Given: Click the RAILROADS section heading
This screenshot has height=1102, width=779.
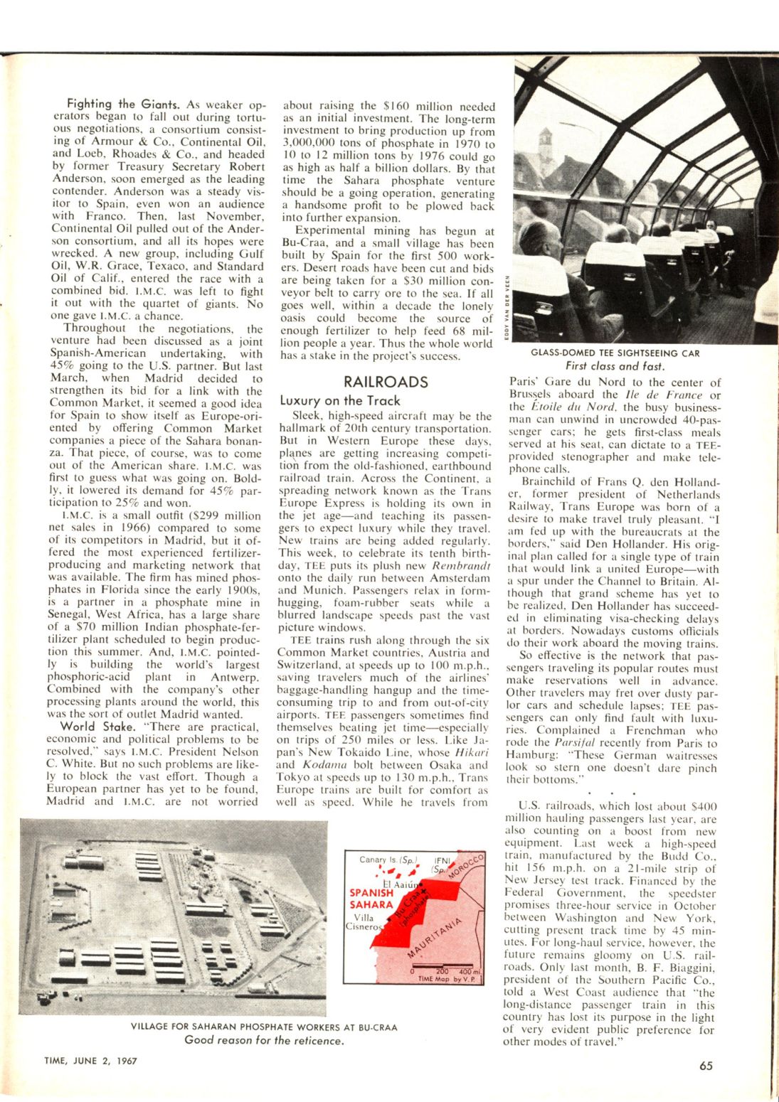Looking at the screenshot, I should click(x=386, y=382).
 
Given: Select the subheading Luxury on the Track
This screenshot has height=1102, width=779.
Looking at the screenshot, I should click(x=340, y=401).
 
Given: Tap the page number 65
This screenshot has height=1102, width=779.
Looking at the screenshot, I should click(x=705, y=1066).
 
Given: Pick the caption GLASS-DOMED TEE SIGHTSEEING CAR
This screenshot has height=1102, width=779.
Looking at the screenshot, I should click(x=615, y=353).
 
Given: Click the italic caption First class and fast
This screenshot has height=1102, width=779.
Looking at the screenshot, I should click(x=615, y=366).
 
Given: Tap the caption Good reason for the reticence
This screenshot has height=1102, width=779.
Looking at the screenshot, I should click(x=264, y=1040).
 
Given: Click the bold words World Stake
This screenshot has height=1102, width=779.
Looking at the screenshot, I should click(x=98, y=727).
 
